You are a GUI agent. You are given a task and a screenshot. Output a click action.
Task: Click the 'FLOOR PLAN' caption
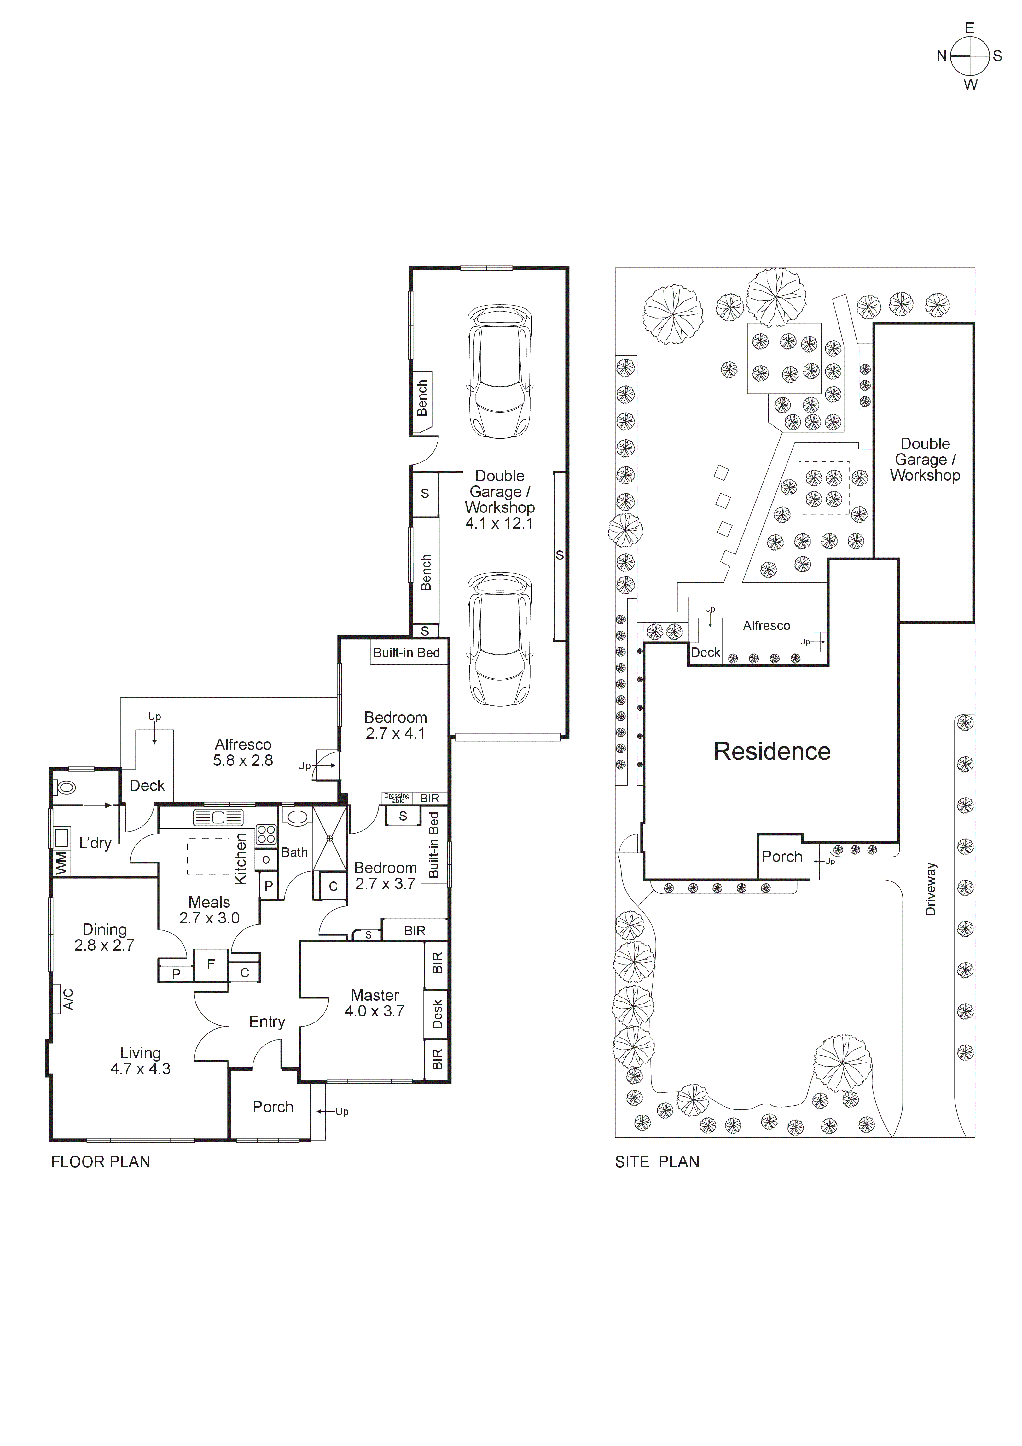click(x=101, y=1162)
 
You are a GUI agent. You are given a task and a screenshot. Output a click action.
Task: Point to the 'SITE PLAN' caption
click(x=657, y=1162)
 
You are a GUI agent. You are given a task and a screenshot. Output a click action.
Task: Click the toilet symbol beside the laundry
click(x=65, y=787)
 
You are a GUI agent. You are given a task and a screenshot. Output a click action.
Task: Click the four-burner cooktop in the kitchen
click(x=266, y=834)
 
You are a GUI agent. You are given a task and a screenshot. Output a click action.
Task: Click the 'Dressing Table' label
click(x=397, y=798)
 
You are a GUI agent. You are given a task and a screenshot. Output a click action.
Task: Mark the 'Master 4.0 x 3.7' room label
click(x=375, y=1003)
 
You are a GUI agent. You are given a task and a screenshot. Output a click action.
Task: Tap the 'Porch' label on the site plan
click(x=782, y=857)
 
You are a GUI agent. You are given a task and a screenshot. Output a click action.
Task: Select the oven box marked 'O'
click(x=266, y=860)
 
